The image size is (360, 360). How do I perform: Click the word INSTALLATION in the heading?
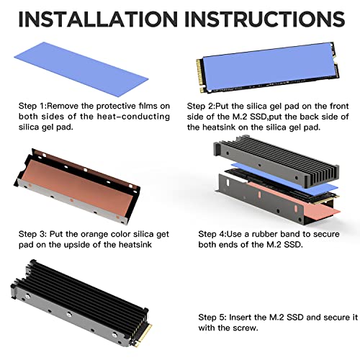point(98,19)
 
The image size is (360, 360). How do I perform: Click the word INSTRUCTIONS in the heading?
point(265,19)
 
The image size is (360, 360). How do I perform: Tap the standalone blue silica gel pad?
point(81,69)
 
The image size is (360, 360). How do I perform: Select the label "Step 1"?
point(31,106)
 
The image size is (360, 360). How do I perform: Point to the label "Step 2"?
point(200,106)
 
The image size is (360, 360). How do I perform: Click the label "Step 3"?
point(32,234)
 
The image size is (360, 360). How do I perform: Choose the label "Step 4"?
point(211,234)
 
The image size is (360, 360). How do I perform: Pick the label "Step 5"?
point(212,318)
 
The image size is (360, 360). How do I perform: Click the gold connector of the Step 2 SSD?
point(201,76)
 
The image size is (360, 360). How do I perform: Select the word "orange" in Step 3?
point(96,234)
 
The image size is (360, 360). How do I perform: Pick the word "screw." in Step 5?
point(247,328)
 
